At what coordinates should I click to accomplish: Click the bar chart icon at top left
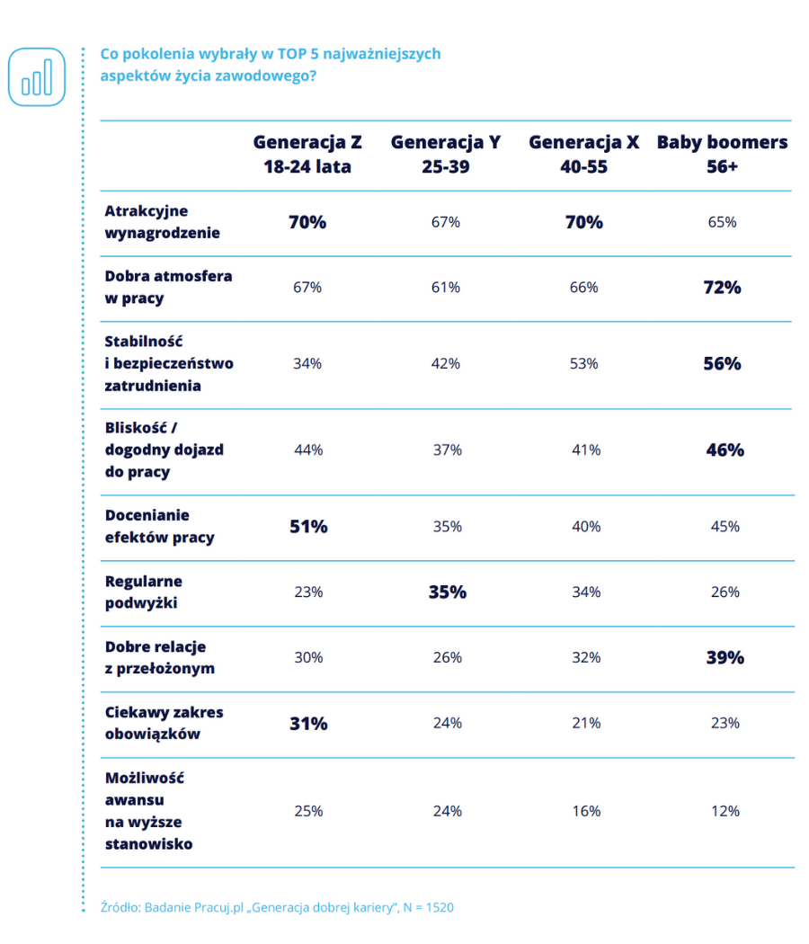pyautogui.click(x=37, y=76)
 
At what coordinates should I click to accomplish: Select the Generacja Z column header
pyautogui.click(x=307, y=155)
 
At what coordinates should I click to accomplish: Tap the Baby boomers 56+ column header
pyautogui.click(x=722, y=155)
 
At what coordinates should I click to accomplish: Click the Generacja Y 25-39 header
pyautogui.click(x=446, y=155)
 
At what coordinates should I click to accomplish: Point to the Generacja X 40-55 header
pyautogui.click(x=584, y=155)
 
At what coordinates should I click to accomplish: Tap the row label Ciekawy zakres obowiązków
pyautogui.click(x=164, y=723)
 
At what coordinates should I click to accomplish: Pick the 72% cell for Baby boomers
pyautogui.click(x=723, y=288)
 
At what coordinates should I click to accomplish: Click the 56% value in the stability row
pyautogui.click(x=723, y=363)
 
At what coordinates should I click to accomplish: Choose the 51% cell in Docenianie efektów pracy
pyautogui.click(x=307, y=527)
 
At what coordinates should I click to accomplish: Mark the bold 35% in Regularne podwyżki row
pyautogui.click(x=447, y=592)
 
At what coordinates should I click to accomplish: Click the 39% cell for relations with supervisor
pyautogui.click(x=723, y=658)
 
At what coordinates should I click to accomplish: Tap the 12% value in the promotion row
pyautogui.click(x=723, y=811)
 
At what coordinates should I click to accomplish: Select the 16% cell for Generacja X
pyautogui.click(x=585, y=811)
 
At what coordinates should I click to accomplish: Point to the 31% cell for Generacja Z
pyautogui.click(x=307, y=724)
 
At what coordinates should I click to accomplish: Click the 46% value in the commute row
pyautogui.click(x=724, y=450)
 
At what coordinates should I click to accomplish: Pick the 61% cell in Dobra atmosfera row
pyautogui.click(x=446, y=288)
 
